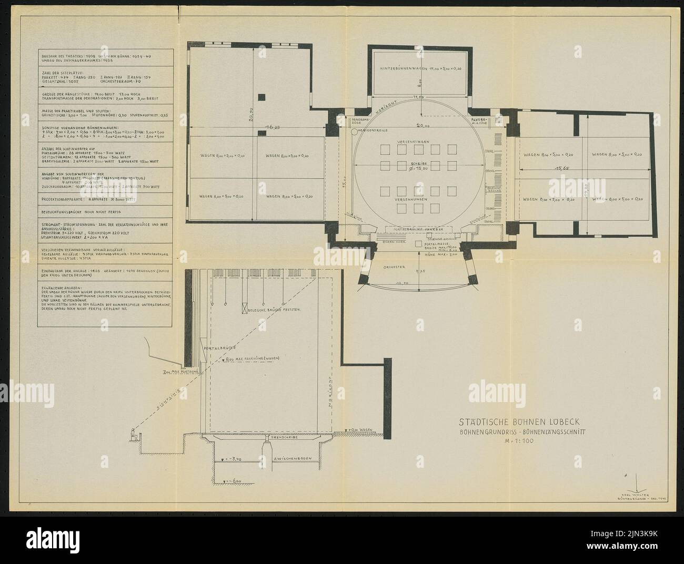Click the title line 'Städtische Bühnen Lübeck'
(520, 422)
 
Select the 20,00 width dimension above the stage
(418, 126)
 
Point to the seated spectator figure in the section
(134, 434)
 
